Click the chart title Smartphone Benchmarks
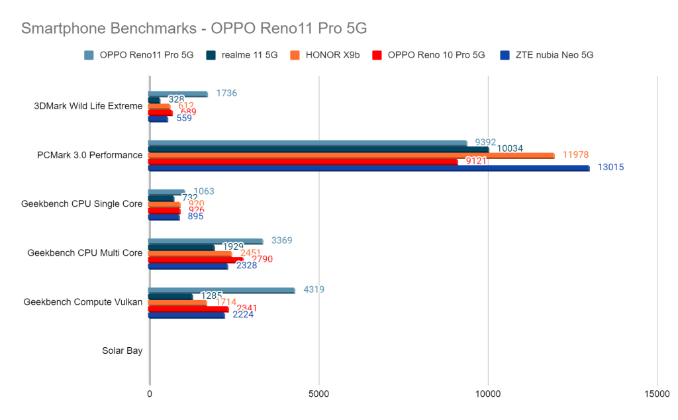193,28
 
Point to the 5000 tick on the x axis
318,394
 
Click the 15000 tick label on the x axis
657,394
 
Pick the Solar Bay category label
122,350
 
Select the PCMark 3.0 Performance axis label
89,155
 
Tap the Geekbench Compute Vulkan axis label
83,301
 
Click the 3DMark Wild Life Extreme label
87,106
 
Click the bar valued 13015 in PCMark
368,168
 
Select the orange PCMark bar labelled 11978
351,155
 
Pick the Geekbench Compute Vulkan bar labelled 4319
221,290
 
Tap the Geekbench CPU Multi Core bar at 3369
205,241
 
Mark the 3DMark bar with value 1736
177,94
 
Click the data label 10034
508,148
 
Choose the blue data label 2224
243,314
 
